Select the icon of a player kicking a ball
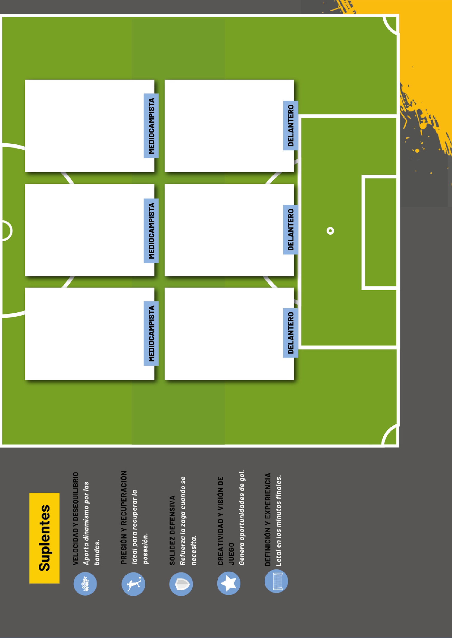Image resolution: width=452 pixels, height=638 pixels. click(133, 584)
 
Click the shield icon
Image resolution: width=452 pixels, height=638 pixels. click(181, 584)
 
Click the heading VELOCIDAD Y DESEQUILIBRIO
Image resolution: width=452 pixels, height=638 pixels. click(75, 518)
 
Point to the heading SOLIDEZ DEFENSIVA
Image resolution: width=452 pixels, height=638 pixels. click(172, 530)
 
